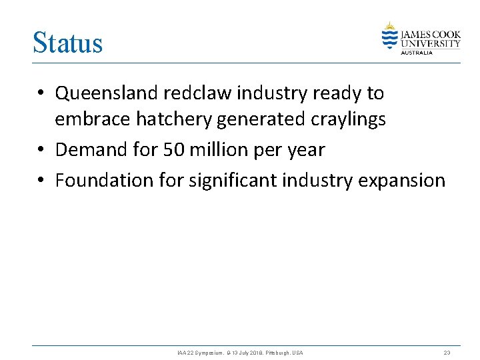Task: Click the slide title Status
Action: [x=68, y=43]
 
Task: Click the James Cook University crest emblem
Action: [x=389, y=36]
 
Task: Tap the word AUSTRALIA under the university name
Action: [x=417, y=53]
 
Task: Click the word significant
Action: [x=233, y=180]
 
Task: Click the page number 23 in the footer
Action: [x=447, y=352]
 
